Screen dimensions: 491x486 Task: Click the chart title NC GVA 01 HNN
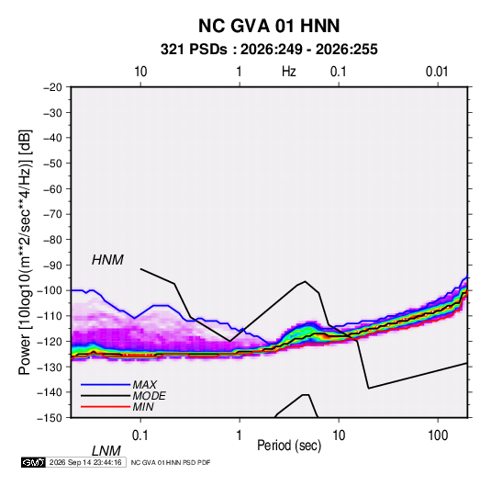tap(269, 26)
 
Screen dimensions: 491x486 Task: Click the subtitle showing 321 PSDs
tap(269, 50)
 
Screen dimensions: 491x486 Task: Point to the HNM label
tap(107, 260)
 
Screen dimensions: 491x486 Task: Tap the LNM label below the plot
tap(106, 451)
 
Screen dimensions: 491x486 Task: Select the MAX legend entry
tap(144, 385)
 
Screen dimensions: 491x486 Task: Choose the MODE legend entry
tap(149, 396)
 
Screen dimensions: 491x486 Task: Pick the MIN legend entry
tap(143, 407)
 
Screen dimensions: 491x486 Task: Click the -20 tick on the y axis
tap(52, 87)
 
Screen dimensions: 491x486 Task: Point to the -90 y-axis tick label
tap(52, 266)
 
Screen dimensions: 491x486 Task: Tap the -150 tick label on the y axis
tap(50, 418)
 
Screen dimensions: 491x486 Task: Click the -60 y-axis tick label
tap(52, 189)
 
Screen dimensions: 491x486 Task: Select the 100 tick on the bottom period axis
tap(438, 435)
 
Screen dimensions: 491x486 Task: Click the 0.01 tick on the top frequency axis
tap(437, 72)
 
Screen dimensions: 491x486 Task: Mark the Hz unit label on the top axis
tap(289, 72)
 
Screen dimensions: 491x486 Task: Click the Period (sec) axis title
tap(289, 446)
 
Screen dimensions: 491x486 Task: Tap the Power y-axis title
tap(25, 252)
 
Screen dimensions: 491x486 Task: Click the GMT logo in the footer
tap(33, 462)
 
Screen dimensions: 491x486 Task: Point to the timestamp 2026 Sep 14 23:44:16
tap(85, 462)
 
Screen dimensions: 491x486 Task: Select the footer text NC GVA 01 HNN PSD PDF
tap(171, 463)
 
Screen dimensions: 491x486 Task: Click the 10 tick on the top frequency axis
tap(140, 72)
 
